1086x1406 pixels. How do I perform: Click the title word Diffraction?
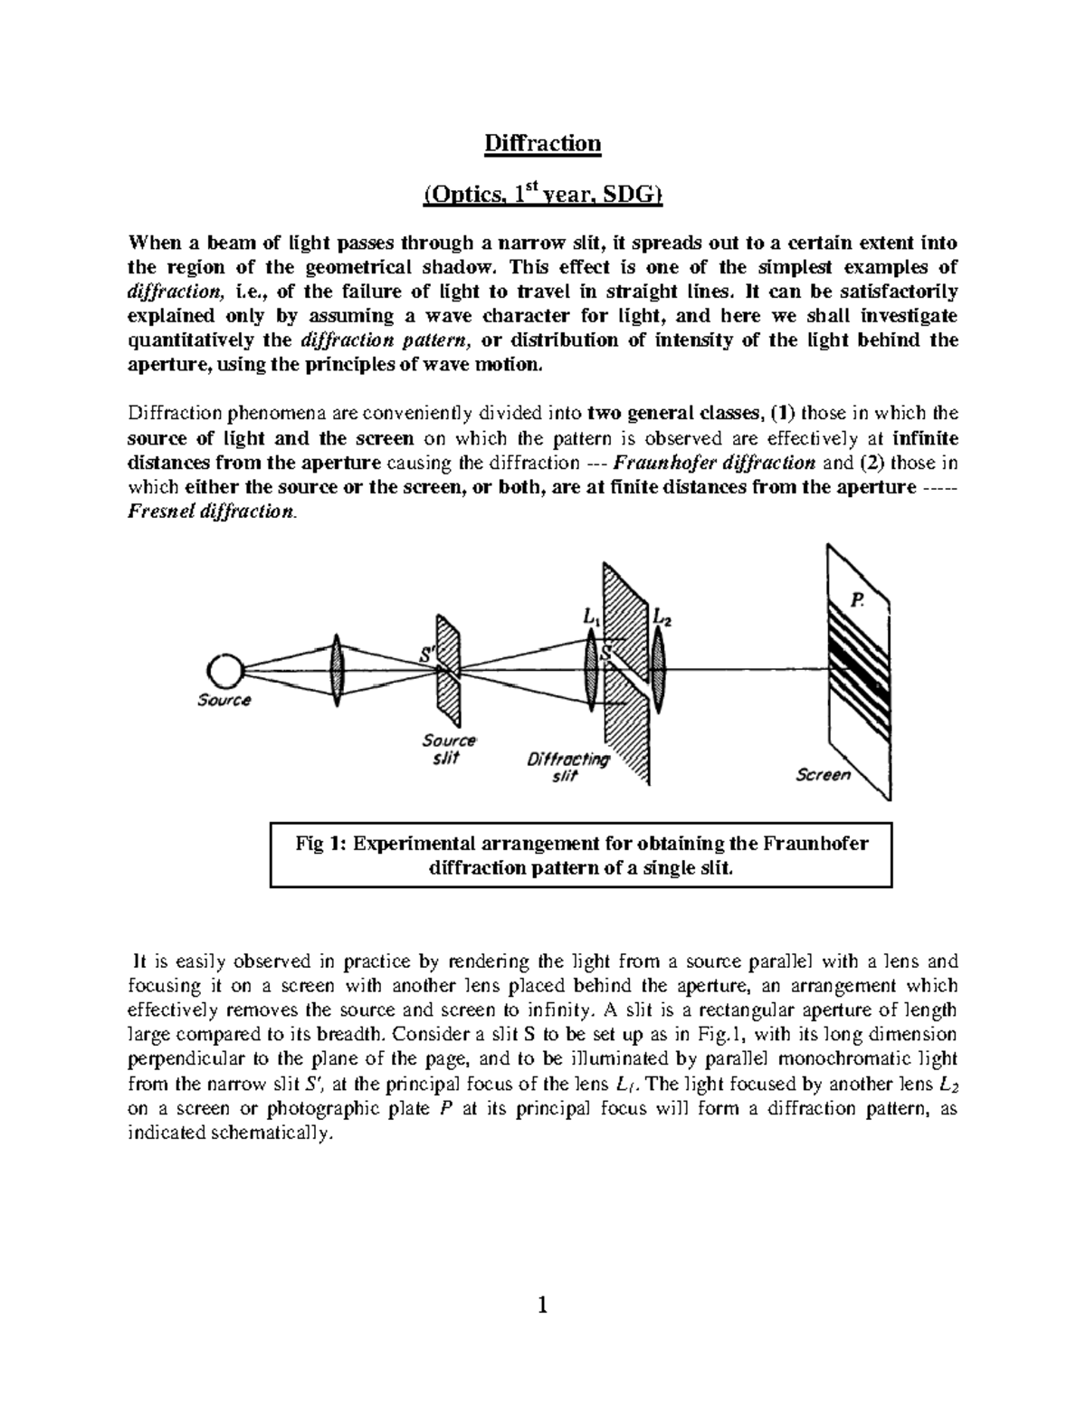(542, 144)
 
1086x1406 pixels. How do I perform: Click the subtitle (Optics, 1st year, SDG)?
(542, 195)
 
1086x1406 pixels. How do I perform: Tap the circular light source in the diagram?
(224, 672)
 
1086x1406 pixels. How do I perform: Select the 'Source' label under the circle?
(224, 700)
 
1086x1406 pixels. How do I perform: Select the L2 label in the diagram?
(662, 619)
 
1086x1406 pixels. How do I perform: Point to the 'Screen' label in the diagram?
(823, 775)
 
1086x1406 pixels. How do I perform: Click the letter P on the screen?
(855, 599)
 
